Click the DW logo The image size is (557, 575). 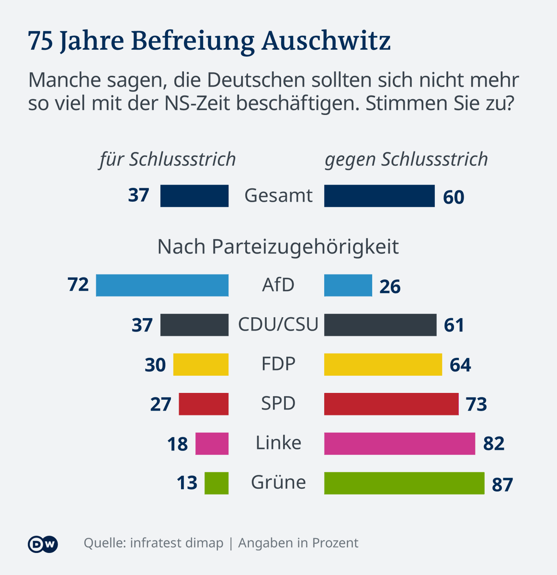click(43, 544)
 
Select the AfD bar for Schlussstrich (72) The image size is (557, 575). click(162, 286)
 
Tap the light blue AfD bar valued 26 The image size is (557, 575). click(348, 286)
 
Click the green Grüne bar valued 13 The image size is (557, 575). click(216, 483)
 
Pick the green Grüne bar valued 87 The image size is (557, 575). click(404, 483)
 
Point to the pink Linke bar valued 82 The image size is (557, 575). click(399, 444)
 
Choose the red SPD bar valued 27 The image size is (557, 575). click(204, 404)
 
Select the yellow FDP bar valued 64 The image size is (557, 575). click(383, 365)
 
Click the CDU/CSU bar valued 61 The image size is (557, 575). click(380, 325)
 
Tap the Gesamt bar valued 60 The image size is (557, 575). click(379, 196)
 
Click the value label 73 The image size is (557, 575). click(476, 405)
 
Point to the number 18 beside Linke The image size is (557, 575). click(177, 445)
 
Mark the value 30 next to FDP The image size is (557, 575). click(155, 365)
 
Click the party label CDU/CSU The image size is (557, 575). click(278, 324)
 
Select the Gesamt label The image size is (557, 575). click(278, 195)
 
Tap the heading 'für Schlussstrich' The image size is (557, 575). click(168, 160)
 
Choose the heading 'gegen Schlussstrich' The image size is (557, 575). click(406, 160)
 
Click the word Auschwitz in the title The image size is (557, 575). click(326, 41)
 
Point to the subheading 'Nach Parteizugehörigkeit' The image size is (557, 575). click(278, 247)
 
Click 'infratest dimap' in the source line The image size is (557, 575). click(177, 543)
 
